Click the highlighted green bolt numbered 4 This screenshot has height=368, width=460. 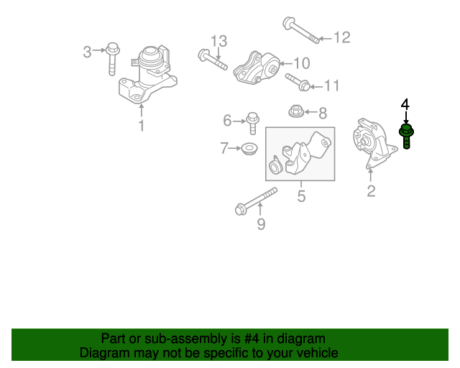click(x=406, y=135)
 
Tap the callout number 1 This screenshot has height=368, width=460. click(x=141, y=126)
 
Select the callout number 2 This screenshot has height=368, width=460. click(x=371, y=190)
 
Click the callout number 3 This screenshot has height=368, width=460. click(x=88, y=51)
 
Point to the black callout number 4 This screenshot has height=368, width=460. click(x=405, y=106)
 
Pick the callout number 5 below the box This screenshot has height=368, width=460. click(x=301, y=195)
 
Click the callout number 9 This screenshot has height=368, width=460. click(x=261, y=224)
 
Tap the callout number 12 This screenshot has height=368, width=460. click(x=341, y=37)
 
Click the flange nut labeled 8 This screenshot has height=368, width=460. click(x=295, y=111)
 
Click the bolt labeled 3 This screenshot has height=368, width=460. click(x=113, y=58)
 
